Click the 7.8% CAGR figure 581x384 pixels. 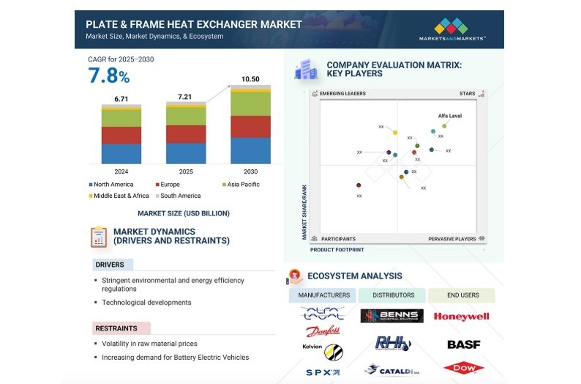point(108,75)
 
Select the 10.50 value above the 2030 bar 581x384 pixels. point(250,79)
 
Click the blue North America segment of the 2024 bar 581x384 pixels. point(121,153)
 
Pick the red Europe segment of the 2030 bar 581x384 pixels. point(250,126)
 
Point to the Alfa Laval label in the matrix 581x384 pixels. point(450,116)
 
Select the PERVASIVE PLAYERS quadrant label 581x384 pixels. point(451,239)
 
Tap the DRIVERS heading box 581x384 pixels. point(110,265)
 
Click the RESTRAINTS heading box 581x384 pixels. point(121,328)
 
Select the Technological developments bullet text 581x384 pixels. point(146,302)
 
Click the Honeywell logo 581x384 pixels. point(461,317)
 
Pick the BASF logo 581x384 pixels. point(462,344)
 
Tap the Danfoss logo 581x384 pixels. point(323,331)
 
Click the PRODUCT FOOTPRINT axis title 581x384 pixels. point(337,249)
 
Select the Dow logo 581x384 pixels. point(462,369)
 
